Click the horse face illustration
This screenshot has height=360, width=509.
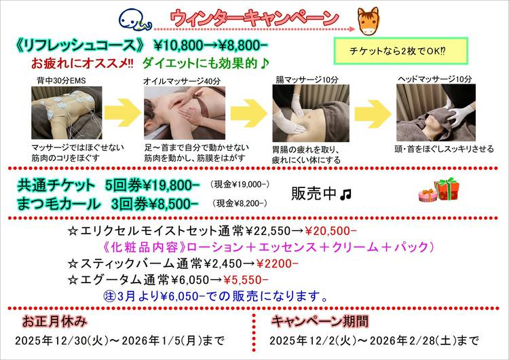click(369, 21)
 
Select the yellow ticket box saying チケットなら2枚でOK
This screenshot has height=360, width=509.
click(401, 51)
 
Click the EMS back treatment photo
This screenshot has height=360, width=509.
click(67, 113)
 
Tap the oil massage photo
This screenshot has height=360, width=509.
click(185, 113)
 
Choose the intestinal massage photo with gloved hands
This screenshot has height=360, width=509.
click(311, 113)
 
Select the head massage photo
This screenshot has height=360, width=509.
click(436, 113)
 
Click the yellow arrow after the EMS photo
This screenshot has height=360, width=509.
click(122, 113)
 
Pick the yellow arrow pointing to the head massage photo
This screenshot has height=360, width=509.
click(373, 113)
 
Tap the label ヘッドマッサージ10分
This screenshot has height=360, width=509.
click(435, 79)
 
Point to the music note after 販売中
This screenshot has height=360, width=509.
click(345, 195)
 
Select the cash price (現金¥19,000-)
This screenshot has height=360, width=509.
click(240, 185)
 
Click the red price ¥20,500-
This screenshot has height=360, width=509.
click(331, 231)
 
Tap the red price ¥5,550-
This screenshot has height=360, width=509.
click(246, 280)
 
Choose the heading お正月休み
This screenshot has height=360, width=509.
click(54, 321)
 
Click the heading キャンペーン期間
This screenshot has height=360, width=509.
click(320, 321)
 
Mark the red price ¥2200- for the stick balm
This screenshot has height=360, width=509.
click(277, 264)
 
